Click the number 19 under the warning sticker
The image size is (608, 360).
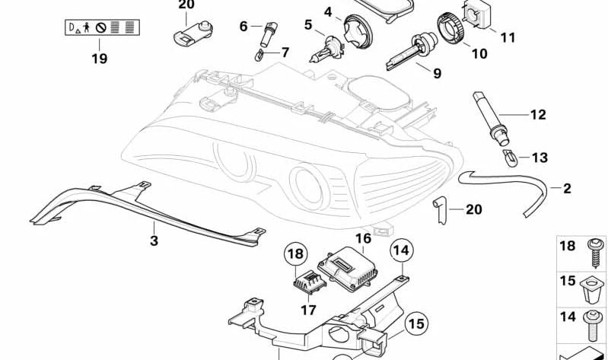coord(99,58)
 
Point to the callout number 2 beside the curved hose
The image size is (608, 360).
coord(566,187)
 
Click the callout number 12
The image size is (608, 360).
coord(538,116)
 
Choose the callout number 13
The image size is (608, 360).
coord(539,158)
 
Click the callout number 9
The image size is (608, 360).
coord(437,74)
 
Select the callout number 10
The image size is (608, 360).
coord(479,53)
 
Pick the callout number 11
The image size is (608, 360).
coord(508,36)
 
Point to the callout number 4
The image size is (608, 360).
coord(329,12)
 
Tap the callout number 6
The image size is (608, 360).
coord(244,27)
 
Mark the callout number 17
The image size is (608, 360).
coord(307,310)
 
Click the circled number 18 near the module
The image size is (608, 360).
coord(296,254)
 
